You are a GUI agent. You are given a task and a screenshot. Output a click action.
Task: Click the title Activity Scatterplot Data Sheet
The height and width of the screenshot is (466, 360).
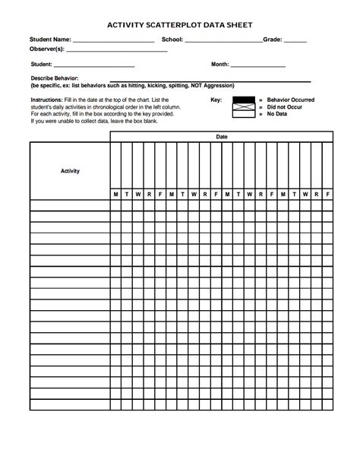pos(179,24)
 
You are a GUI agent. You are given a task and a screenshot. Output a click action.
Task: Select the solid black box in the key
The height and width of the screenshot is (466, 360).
pos(243,100)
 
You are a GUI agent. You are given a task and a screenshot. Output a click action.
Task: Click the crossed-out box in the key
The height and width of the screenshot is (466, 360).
pos(243,107)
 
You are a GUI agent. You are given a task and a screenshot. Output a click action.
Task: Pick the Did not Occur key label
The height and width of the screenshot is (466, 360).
pos(284,107)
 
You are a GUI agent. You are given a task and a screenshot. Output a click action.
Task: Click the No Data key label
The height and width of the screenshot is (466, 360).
pos(278,114)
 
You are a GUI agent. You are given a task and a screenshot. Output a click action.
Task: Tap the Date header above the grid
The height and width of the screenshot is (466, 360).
pos(221,136)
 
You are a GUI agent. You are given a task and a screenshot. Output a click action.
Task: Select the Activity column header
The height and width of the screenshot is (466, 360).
pos(70,171)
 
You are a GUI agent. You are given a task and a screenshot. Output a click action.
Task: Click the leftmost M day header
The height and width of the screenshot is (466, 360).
pos(116,194)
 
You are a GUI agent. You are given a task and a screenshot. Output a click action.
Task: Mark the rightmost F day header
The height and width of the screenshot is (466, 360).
pos(327,194)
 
